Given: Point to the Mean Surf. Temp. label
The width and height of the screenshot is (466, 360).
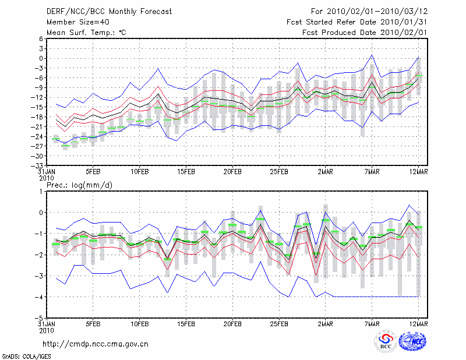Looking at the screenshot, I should tap(87, 33).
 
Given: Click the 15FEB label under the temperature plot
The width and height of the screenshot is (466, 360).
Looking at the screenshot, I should tap(186, 172).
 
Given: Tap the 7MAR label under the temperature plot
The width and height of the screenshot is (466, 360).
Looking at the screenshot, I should tap(372, 172).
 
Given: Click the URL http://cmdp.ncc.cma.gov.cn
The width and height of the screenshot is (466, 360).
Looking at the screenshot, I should tap(96, 344).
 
